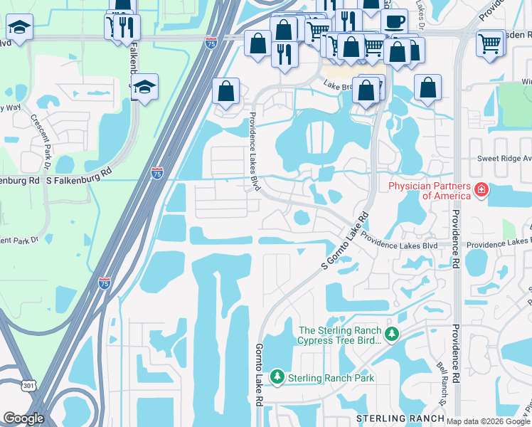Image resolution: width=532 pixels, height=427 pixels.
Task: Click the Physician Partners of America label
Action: pos(429,191)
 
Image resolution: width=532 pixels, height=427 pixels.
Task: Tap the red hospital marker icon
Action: pos(482,189)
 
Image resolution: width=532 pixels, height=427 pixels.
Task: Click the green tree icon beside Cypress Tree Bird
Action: pos(390,334)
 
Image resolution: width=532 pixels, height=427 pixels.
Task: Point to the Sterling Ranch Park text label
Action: pos(330,378)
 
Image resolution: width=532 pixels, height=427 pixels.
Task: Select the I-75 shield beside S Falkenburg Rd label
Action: pos(156,173)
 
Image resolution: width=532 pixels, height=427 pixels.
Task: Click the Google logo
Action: pos(23,418)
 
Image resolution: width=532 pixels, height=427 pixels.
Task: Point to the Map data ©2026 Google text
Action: pos(489,421)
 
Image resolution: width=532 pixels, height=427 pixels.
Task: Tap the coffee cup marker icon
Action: pos(394,21)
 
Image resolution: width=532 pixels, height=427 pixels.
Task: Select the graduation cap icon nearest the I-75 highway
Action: pos(145,87)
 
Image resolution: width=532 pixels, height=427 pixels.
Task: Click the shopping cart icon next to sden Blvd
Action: pos(490,43)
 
